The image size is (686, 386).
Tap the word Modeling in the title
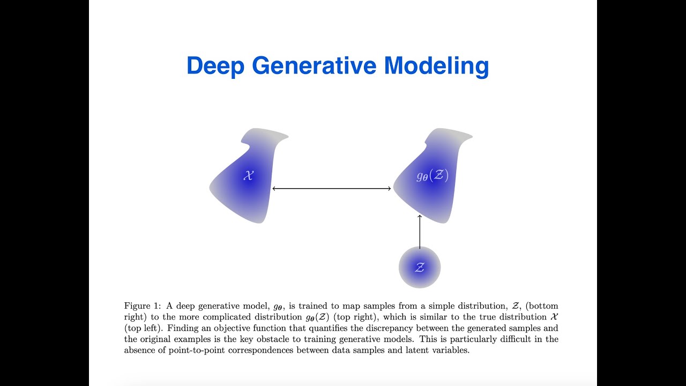point(436,66)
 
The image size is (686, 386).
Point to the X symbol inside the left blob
point(248,175)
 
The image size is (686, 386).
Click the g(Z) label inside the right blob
point(433,175)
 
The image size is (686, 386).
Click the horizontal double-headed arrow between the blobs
point(332,188)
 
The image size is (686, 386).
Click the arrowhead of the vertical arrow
point(420,217)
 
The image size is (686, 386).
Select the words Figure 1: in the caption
point(142,306)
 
